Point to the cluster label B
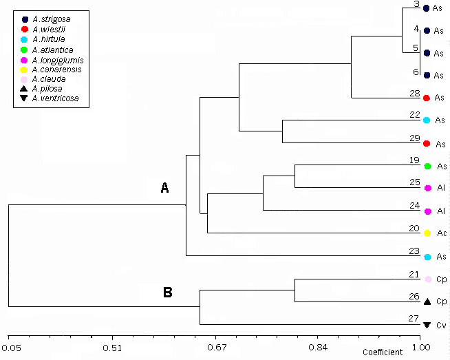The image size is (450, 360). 167,292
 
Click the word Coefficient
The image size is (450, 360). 383,352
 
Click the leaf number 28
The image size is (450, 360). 414,93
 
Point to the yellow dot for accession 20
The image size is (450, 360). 427,233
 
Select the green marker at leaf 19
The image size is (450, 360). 427,167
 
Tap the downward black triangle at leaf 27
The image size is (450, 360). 427,325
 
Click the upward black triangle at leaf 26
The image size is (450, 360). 427,301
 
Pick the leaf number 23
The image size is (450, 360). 414,251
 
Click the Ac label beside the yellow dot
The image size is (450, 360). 442,233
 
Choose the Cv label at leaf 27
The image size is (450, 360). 442,325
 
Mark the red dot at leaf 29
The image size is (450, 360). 427,143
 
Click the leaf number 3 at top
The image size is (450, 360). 416,4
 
